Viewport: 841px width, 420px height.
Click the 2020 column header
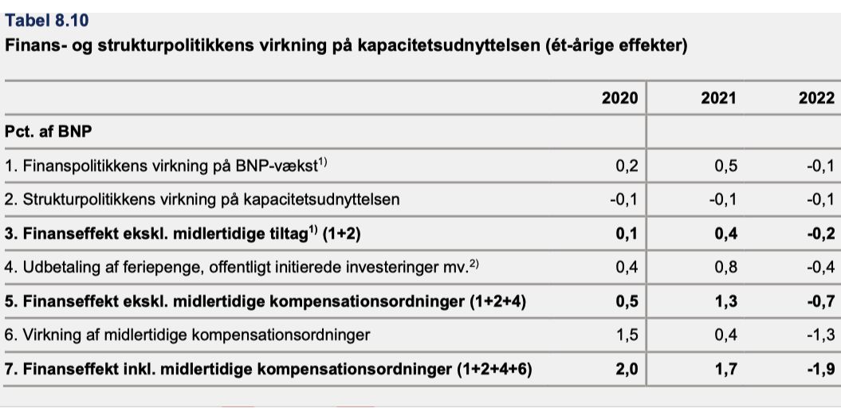pyautogui.click(x=620, y=98)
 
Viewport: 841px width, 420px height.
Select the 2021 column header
pyautogui.click(x=719, y=98)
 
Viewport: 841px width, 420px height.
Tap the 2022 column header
pyautogui.click(x=817, y=98)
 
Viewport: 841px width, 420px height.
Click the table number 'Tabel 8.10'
pyautogui.click(x=47, y=21)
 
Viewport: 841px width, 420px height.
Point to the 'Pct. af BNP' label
pyautogui.click(x=49, y=132)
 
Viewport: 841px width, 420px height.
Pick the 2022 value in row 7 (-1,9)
pyautogui.click(x=820, y=369)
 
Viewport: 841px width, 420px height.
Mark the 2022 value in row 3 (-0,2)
pyautogui.click(x=820, y=234)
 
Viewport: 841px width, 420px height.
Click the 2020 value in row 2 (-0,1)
pyautogui.click(x=624, y=199)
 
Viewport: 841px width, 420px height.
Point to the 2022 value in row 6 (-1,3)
pyautogui.click(x=820, y=336)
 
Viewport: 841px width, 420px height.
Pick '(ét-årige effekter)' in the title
pyautogui.click(x=614, y=46)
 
